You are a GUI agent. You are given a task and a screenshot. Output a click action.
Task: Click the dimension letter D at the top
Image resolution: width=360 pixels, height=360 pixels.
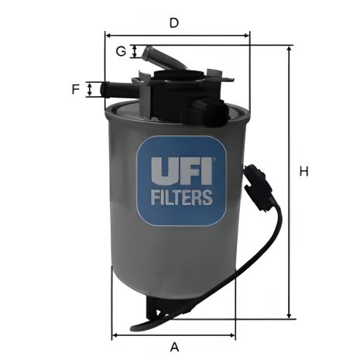175,23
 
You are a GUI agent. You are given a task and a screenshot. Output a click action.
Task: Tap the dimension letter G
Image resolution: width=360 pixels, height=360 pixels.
121,52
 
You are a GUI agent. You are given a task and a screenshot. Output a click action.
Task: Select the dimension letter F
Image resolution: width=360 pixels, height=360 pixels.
76,89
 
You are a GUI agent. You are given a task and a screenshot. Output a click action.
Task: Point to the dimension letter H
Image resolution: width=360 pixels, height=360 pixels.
304,172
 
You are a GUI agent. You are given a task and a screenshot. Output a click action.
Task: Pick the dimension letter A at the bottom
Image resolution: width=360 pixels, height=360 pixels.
174,345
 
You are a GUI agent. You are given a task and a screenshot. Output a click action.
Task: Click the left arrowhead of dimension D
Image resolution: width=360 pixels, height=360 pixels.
108,35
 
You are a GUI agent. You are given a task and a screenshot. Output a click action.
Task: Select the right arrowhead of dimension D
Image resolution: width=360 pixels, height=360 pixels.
248,35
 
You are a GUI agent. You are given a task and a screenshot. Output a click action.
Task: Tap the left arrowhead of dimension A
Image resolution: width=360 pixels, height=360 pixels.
115,335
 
